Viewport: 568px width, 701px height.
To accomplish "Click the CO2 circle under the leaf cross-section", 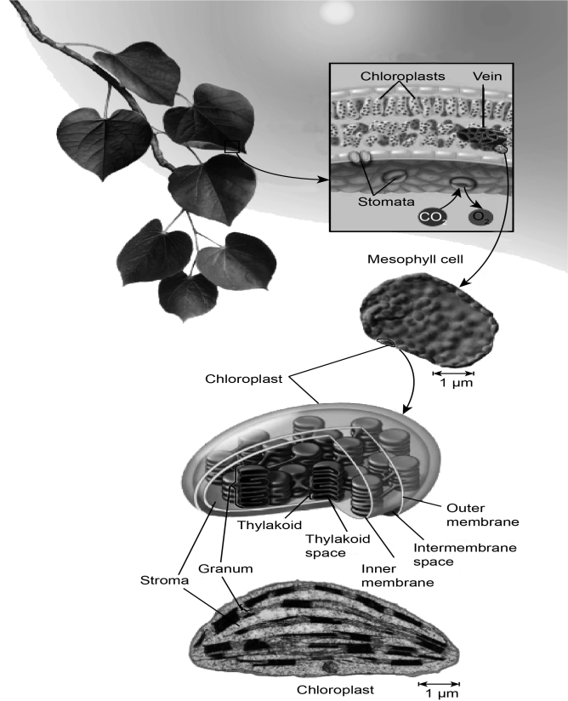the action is point(432,217).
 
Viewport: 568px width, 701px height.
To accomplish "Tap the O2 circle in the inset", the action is point(480,217).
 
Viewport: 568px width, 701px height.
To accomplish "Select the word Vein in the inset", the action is point(487,76).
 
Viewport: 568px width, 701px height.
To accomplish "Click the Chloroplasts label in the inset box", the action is point(403,76).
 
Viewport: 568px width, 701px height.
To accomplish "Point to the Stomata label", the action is point(386,202).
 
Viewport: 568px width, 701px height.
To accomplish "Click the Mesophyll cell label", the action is point(415,259).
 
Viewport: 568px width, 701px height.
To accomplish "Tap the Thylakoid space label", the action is point(338,545).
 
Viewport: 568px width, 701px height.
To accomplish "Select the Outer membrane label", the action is point(483,515).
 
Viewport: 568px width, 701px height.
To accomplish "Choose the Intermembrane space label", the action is point(465,555).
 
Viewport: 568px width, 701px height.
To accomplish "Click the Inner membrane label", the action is point(397,576).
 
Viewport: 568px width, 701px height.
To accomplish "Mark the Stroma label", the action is point(164,580).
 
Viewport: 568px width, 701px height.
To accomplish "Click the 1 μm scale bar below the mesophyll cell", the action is point(453,373).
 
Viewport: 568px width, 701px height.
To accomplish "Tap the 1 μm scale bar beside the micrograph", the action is point(440,684).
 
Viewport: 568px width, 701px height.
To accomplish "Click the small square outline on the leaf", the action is point(232,146).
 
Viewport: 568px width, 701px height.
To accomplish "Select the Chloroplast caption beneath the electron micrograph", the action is point(335,690).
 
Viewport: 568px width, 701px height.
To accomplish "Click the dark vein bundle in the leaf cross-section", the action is point(483,134).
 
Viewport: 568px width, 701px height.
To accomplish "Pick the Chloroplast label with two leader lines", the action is point(243,379).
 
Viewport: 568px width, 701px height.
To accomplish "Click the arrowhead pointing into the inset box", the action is point(326,180).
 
